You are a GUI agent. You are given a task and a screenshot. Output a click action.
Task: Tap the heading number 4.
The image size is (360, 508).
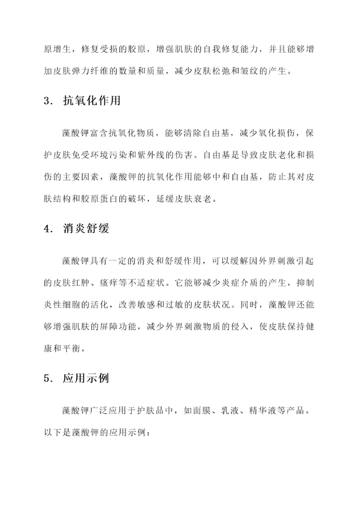(x=48, y=230)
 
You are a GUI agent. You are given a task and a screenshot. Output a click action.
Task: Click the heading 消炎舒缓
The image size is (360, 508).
(x=85, y=229)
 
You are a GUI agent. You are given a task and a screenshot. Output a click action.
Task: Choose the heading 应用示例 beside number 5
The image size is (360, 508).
(x=85, y=378)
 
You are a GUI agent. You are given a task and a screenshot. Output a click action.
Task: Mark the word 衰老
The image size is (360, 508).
(x=208, y=199)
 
